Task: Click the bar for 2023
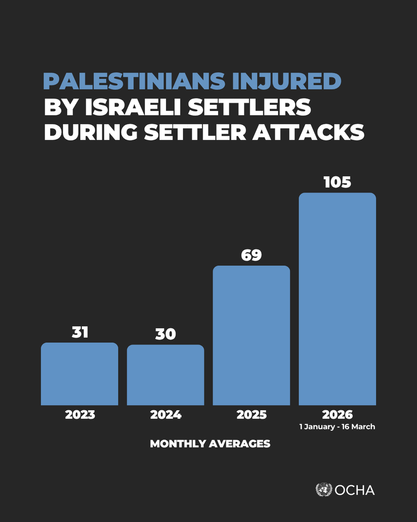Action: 79,374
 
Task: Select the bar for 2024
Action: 165,375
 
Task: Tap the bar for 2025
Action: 251,335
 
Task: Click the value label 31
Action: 79,332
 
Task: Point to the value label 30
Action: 165,334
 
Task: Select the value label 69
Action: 251,255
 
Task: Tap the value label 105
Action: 337,182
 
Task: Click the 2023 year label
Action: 80,415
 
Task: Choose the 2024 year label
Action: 165,415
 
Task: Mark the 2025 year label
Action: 252,415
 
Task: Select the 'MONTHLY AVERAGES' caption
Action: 210,444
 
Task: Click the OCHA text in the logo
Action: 355,490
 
